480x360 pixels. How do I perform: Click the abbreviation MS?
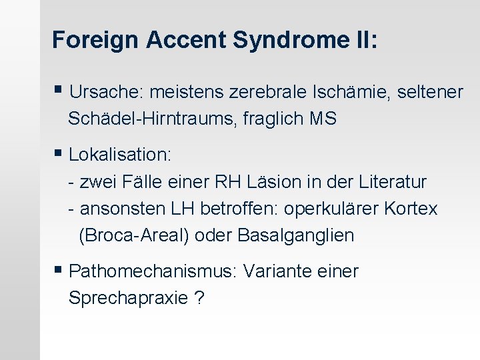323,119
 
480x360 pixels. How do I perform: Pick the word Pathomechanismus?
153,271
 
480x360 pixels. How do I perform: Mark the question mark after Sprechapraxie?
199,298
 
